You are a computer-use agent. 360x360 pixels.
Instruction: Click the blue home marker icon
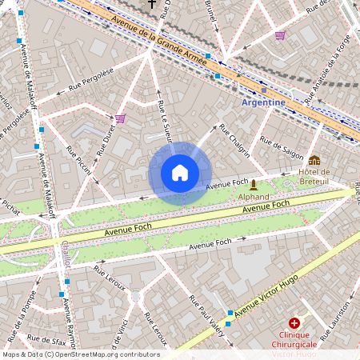pos(180,173)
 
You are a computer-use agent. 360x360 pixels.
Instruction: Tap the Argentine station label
pos(263,102)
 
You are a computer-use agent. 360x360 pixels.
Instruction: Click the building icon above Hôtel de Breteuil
pos(314,161)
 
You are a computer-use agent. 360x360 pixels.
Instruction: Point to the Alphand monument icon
pos(254,185)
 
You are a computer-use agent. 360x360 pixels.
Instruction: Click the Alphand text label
pos(254,196)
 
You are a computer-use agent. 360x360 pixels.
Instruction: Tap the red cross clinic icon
pos(294,322)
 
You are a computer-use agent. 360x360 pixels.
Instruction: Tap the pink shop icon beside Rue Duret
pos(120,118)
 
